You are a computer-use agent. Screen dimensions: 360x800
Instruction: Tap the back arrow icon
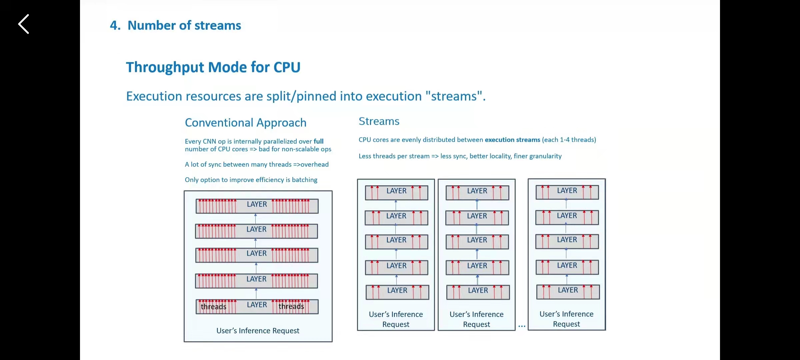pos(24,24)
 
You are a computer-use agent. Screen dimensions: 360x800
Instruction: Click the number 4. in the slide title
pos(115,26)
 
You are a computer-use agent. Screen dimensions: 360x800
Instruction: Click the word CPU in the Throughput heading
pos(287,67)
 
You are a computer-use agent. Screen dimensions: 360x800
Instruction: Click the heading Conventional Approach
pos(246,123)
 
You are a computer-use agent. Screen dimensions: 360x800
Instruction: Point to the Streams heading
pos(379,121)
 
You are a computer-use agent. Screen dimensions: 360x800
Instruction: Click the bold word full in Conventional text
pos(318,141)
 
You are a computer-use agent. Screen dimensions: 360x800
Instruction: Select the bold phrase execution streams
pos(512,140)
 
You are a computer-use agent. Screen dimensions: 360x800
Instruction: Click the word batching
pos(304,180)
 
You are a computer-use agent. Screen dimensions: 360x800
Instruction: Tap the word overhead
pos(314,164)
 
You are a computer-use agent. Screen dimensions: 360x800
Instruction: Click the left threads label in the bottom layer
pos(213,307)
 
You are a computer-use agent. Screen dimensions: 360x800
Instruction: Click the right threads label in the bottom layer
pos(291,306)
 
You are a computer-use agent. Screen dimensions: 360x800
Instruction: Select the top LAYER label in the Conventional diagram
pos(257,204)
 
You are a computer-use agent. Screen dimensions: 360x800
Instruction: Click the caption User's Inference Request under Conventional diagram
pos(258,331)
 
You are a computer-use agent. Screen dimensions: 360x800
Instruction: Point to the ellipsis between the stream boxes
pos(522,326)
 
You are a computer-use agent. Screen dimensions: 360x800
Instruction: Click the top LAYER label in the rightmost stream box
pos(567,191)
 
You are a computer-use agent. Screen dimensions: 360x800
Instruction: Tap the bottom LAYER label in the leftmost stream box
pos(397,290)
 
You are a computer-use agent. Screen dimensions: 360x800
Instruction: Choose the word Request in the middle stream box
pos(476,324)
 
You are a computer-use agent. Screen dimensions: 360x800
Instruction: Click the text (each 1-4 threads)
pos(569,140)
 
